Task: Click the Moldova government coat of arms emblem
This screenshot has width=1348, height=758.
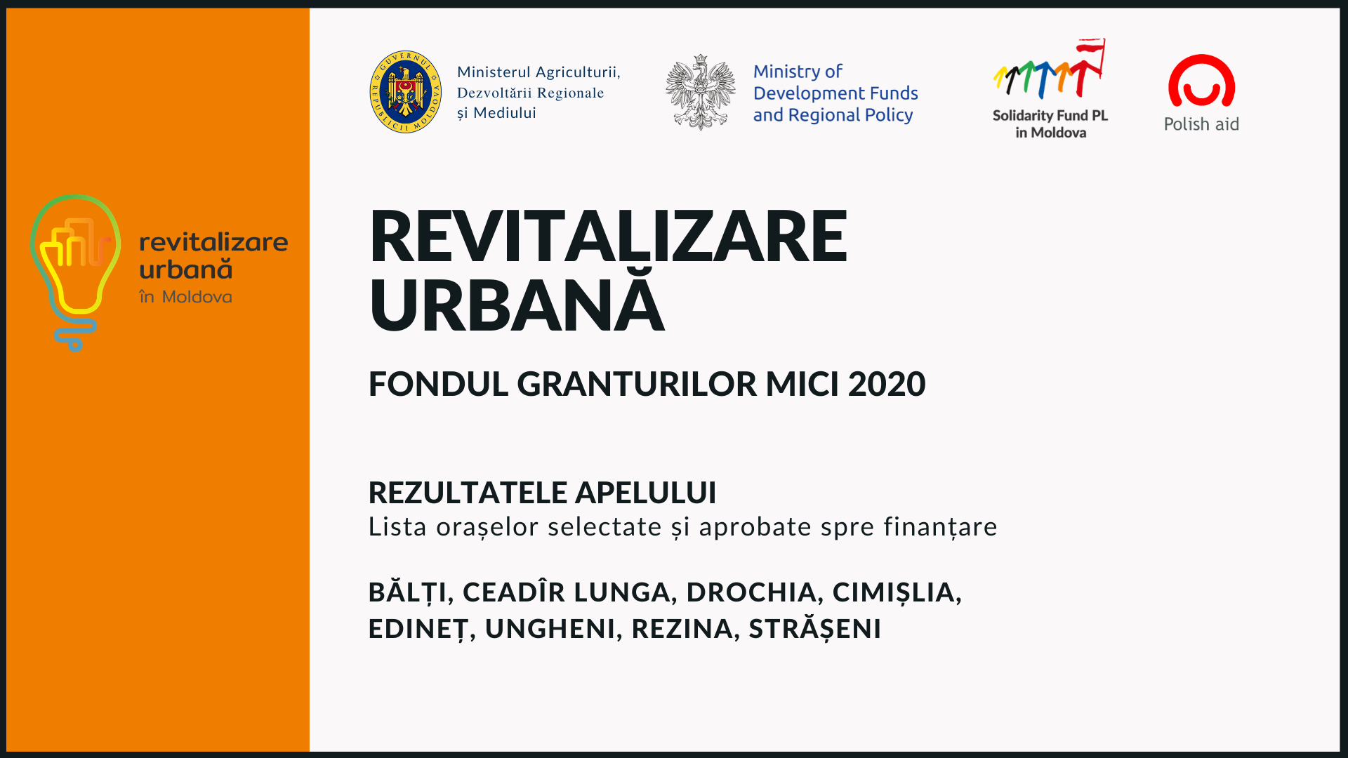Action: (406, 92)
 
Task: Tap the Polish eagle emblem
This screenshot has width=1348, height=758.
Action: (701, 92)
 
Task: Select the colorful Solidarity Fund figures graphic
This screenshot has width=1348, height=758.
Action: (1049, 69)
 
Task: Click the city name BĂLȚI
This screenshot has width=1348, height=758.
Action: (407, 592)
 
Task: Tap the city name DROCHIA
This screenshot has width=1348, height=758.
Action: (751, 592)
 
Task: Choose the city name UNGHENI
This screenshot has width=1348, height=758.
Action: (550, 629)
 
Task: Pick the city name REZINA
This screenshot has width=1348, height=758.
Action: (682, 629)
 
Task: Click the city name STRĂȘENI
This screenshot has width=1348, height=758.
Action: (814, 629)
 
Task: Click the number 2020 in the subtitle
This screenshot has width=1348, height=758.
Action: (887, 384)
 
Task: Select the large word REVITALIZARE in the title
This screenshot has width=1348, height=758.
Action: (608, 236)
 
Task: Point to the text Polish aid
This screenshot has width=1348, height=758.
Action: (1201, 124)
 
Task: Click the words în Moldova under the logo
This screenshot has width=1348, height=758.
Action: (185, 297)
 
